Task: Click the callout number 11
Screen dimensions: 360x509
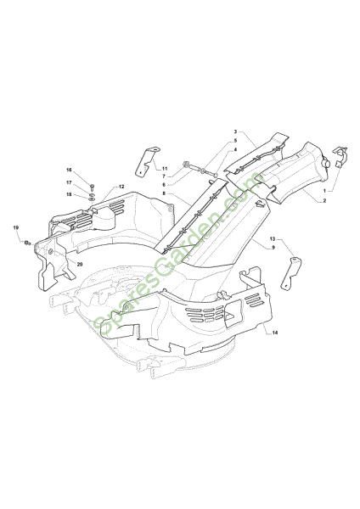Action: click(x=165, y=169)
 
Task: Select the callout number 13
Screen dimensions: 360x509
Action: click(x=273, y=239)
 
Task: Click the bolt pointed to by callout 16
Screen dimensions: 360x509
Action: click(x=92, y=187)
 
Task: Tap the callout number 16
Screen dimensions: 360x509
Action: click(x=69, y=171)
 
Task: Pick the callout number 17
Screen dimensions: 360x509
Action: click(x=69, y=182)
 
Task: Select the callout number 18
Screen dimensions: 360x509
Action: click(x=69, y=194)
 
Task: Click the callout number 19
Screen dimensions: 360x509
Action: click(x=16, y=227)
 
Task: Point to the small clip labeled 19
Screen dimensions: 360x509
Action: click(x=28, y=242)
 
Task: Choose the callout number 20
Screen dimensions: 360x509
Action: click(x=80, y=264)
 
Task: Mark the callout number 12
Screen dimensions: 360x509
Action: click(x=121, y=187)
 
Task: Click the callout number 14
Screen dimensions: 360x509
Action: click(x=275, y=333)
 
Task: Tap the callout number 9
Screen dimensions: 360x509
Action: click(x=273, y=248)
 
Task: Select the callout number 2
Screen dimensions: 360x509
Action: click(x=324, y=201)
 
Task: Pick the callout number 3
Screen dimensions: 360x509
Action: click(x=235, y=131)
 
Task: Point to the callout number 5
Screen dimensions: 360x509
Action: click(x=235, y=141)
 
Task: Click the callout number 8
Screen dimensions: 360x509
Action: click(x=164, y=193)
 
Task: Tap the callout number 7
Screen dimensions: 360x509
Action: click(x=164, y=176)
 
